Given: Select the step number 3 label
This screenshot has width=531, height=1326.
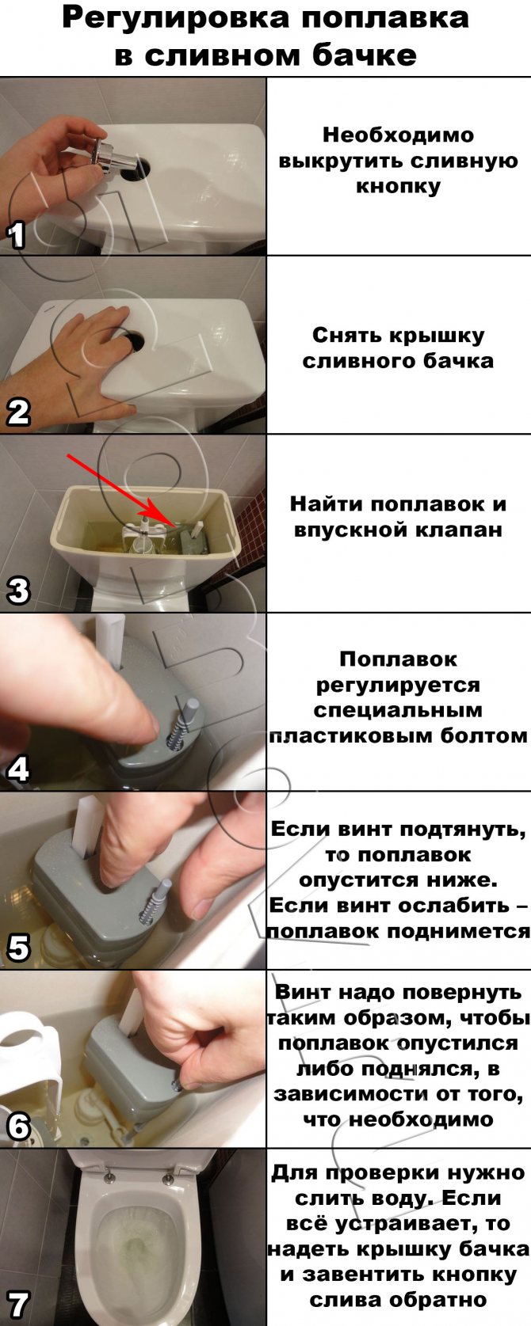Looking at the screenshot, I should click(17, 590).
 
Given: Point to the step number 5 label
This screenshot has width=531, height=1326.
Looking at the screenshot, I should click(17, 948).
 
